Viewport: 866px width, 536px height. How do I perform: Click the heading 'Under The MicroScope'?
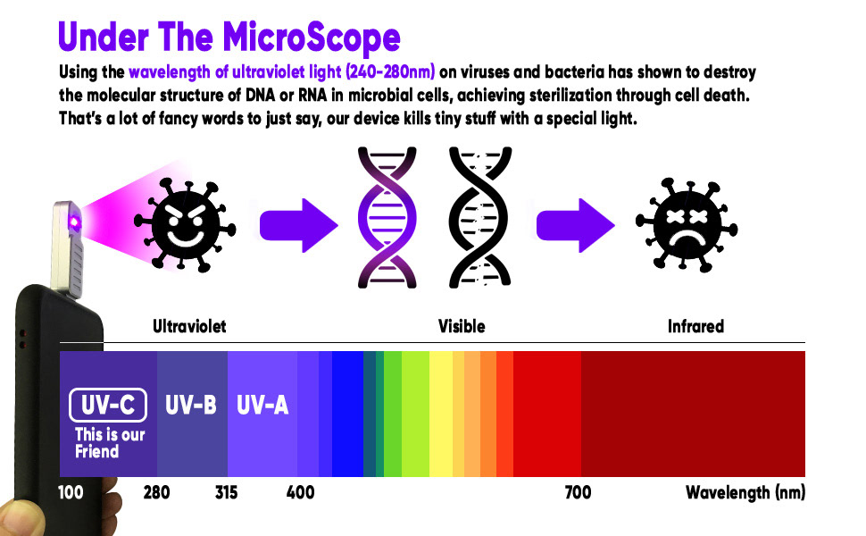tap(229, 38)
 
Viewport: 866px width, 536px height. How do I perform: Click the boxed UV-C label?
tap(107, 406)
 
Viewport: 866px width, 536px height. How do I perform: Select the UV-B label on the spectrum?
tap(191, 406)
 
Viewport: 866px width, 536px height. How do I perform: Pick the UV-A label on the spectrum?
tap(262, 406)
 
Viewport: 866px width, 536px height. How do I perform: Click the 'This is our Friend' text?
tap(108, 443)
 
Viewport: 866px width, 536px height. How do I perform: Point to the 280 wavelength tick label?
tap(157, 492)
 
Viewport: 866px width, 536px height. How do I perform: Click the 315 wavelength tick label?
tap(227, 492)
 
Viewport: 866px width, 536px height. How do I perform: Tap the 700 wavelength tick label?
tap(578, 492)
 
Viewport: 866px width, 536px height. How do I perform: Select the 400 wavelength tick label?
tap(300, 492)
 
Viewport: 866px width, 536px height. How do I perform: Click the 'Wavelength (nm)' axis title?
tap(745, 492)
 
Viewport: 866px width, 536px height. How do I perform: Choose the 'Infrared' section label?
tap(695, 326)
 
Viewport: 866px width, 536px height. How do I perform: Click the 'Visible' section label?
tap(462, 326)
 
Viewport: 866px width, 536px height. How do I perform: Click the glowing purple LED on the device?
tap(77, 222)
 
